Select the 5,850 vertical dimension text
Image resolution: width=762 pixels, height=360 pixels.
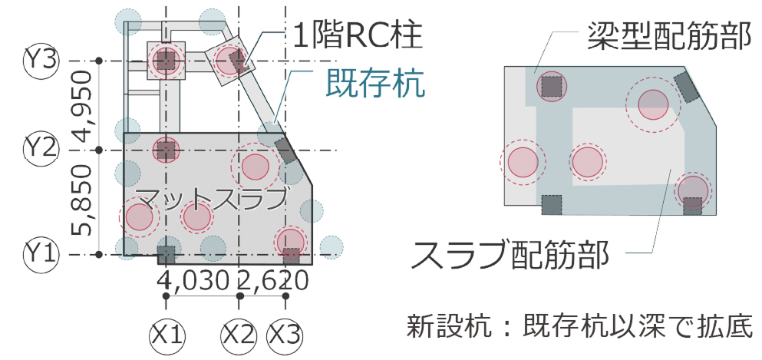click(82, 201)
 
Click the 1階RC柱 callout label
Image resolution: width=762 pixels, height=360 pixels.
click(358, 34)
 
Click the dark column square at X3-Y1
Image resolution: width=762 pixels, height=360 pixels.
click(290, 255)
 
